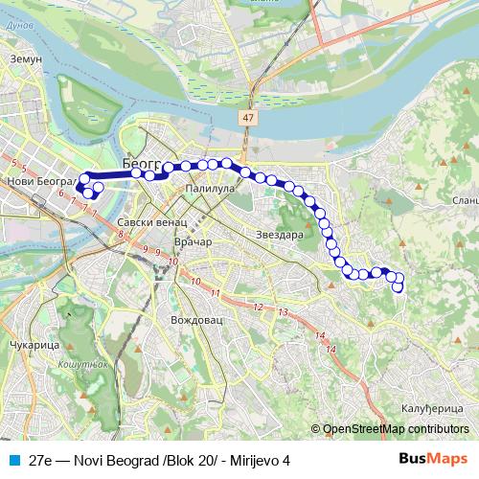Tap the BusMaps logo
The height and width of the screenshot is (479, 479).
[433, 459]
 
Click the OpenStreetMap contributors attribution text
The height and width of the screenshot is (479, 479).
[394, 429]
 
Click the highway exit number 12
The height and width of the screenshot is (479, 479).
[258, 307]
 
